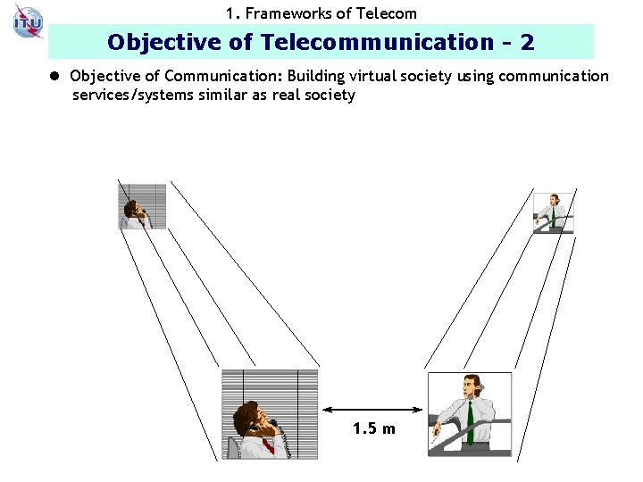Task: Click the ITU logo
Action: click(x=28, y=21)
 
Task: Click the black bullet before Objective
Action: click(x=56, y=77)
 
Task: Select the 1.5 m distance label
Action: click(x=373, y=429)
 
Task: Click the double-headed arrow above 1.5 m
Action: click(x=372, y=410)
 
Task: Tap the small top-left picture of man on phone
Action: click(x=142, y=205)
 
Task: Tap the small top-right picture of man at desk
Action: click(x=553, y=213)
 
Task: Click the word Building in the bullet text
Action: click(x=316, y=77)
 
